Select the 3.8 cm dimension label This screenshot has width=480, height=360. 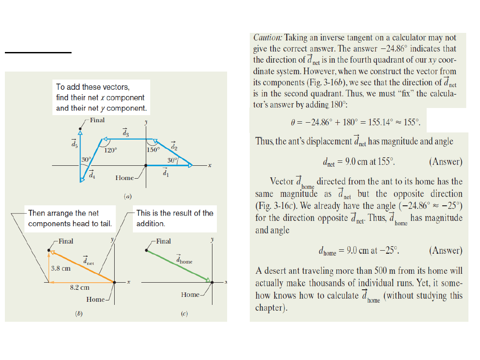coord(60,268)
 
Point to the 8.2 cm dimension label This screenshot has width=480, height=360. coord(80,288)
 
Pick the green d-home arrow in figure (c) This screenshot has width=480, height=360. coord(178,266)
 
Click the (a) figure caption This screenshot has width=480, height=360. coord(128,196)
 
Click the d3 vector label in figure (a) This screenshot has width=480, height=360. coord(125,132)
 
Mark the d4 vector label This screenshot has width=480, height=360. coord(91,174)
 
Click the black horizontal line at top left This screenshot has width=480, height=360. coord(38,52)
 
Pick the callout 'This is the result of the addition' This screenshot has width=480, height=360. coord(175,218)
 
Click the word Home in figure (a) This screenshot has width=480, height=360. coord(124,178)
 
